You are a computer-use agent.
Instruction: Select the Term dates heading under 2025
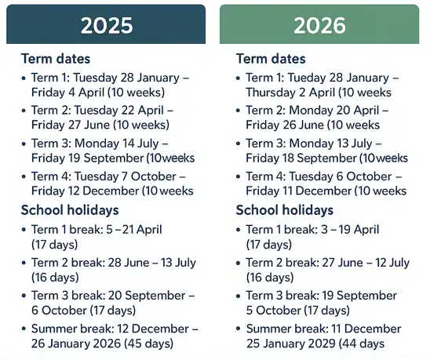[x=56, y=59]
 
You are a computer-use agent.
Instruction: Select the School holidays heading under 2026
[x=285, y=210]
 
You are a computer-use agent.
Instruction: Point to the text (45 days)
[x=145, y=344]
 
